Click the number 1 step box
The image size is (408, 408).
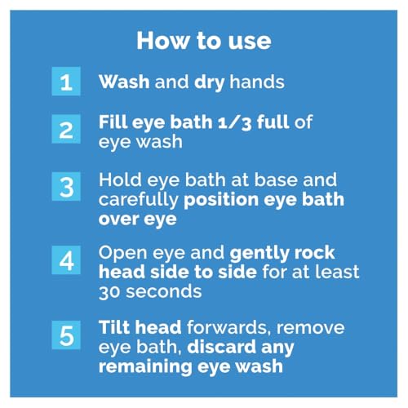66,82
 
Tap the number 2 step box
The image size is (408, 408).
66,129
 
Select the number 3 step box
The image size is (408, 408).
66,186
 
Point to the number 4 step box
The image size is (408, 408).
66,260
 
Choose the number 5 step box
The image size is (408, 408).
66,335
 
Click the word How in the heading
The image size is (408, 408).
163,41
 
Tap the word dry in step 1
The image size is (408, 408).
210,82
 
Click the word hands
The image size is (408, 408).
257,82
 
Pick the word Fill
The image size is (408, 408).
113,122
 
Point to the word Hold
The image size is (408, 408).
120,180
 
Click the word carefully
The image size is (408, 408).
139,201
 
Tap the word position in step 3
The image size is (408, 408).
221,201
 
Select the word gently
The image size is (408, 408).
259,254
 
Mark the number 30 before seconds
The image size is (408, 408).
109,292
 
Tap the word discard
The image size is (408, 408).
222,347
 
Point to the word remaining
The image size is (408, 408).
145,367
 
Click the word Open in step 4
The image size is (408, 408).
123,254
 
